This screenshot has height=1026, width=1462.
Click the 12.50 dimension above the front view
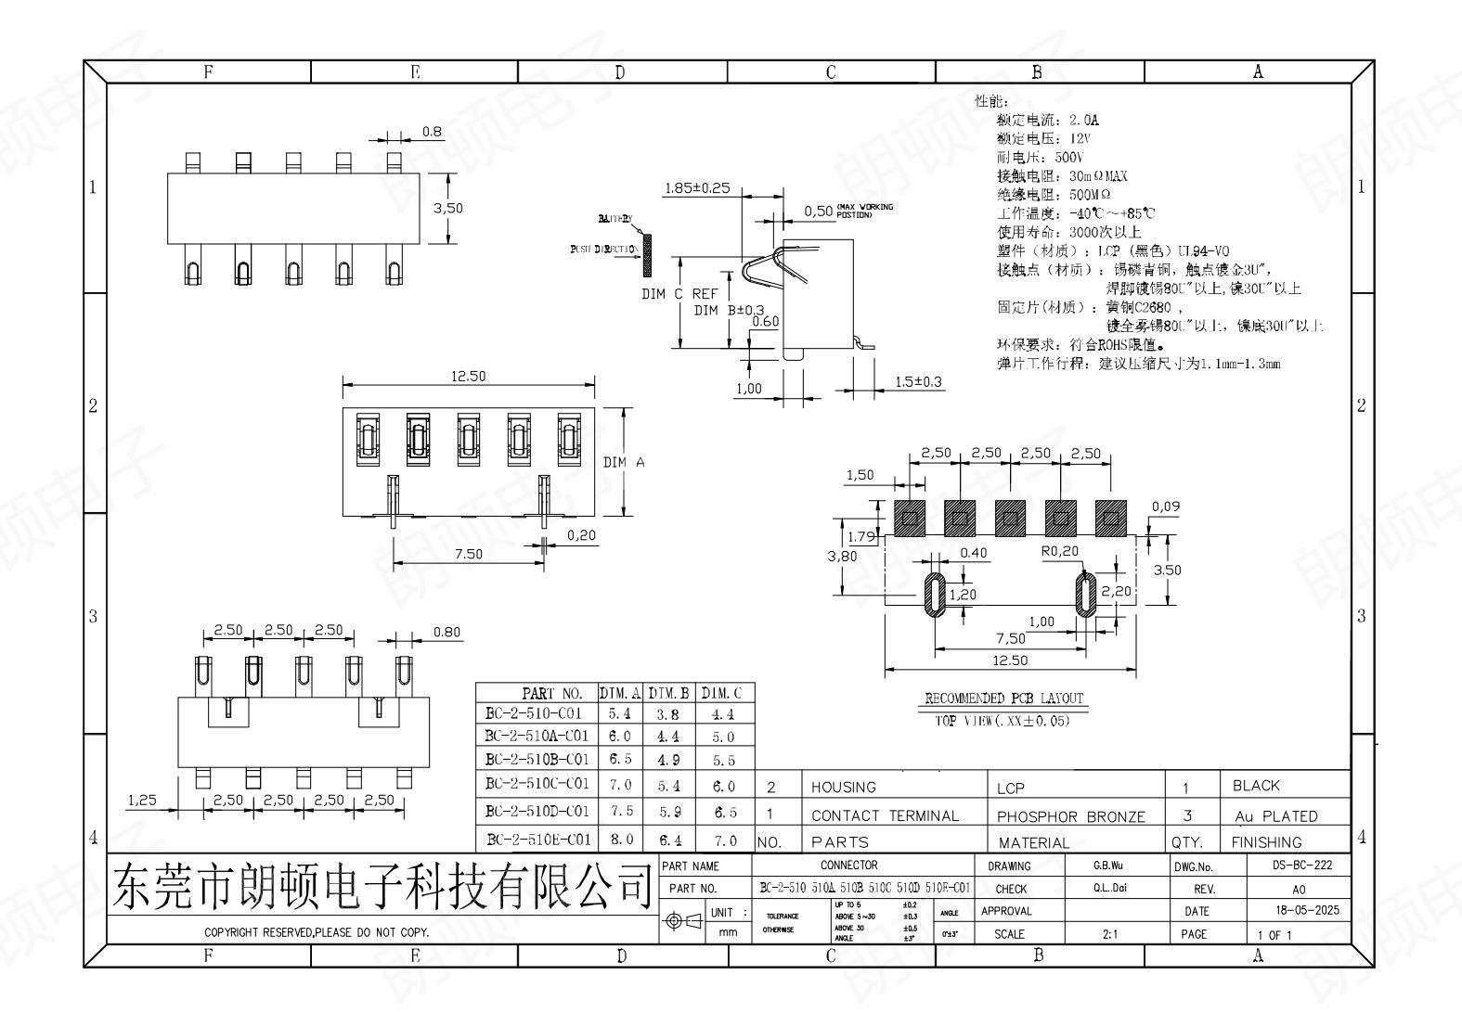468,376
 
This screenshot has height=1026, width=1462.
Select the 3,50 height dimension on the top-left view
447,208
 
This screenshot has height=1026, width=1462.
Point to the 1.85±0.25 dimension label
697,188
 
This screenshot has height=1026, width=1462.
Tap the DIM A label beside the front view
624,462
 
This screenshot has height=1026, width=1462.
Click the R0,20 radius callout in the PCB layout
1060,550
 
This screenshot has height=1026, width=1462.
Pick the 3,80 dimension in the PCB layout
842,556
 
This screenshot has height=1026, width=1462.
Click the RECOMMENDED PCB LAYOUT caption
1003,699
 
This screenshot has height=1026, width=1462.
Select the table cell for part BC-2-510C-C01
537,784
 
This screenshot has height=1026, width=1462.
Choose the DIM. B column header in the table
669,693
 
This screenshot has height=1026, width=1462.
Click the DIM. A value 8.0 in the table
621,839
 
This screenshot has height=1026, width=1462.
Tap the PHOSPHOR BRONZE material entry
1070,816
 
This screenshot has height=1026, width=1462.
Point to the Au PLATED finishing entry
1275,816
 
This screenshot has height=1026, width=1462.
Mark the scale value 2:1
1109,934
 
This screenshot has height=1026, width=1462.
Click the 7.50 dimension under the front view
468,554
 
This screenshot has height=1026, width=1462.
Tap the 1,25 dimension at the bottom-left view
141,800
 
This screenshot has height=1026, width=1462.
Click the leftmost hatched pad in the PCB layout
911,518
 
